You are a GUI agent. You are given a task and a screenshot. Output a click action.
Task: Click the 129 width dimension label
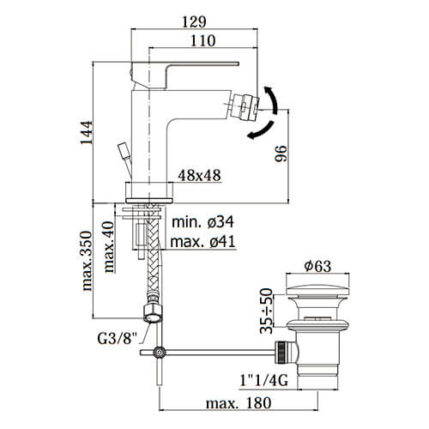click(x=194, y=21)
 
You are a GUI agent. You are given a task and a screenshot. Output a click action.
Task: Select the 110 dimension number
click(x=202, y=40)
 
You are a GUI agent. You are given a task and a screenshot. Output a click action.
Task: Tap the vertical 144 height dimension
click(x=87, y=133)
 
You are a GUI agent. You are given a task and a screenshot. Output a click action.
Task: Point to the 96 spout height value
click(x=281, y=154)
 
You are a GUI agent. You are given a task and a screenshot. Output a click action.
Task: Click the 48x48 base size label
click(x=200, y=175)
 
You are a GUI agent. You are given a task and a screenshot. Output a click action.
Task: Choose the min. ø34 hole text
click(x=202, y=222)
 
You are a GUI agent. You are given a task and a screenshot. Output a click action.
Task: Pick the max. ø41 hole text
click(x=202, y=242)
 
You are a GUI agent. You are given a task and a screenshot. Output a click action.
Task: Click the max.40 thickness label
click(x=109, y=247)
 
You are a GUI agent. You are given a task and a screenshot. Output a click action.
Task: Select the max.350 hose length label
click(x=88, y=261)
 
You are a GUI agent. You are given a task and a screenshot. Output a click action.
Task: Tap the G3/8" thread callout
click(x=118, y=339)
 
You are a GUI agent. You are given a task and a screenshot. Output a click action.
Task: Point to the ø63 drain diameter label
click(x=317, y=266)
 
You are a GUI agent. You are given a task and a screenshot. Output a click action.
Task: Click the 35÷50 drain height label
click(x=267, y=311)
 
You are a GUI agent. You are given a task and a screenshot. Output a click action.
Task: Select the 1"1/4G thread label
click(x=263, y=381)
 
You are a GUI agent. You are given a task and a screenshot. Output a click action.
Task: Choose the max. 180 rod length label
click(x=239, y=403)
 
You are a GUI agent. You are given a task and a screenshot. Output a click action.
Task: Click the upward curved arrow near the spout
click(x=272, y=100)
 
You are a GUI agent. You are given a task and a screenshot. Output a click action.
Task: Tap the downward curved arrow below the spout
click(x=261, y=130)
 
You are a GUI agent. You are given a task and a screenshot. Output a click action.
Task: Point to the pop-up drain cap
click(x=317, y=290)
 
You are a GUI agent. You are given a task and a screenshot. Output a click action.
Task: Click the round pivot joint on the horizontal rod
click(x=160, y=353)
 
